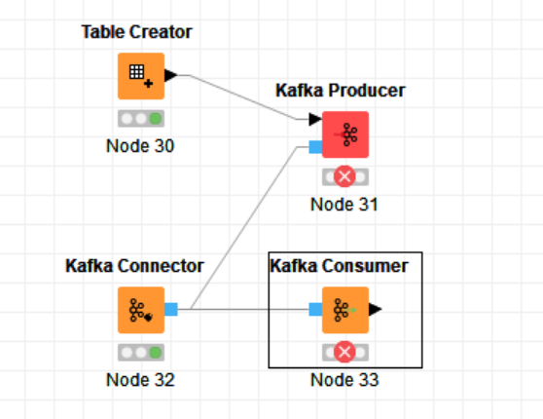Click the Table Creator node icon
click(141, 76)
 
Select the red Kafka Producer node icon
click(345, 134)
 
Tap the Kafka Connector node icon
click(141, 310)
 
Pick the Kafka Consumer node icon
click(345, 310)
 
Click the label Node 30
click(140, 146)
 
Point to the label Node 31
click(344, 205)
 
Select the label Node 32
click(140, 380)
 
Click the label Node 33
click(344, 380)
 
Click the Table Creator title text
click(137, 32)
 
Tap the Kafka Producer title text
click(341, 91)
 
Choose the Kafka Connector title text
click(134, 266)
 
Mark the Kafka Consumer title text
click(339, 266)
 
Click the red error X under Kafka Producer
click(344, 176)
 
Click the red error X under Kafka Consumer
click(344, 352)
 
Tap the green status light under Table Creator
click(156, 119)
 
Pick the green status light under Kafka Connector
click(156, 353)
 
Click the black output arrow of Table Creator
click(170, 75)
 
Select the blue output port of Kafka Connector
click(171, 310)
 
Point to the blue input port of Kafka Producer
click(315, 147)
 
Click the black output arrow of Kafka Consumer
click(375, 310)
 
